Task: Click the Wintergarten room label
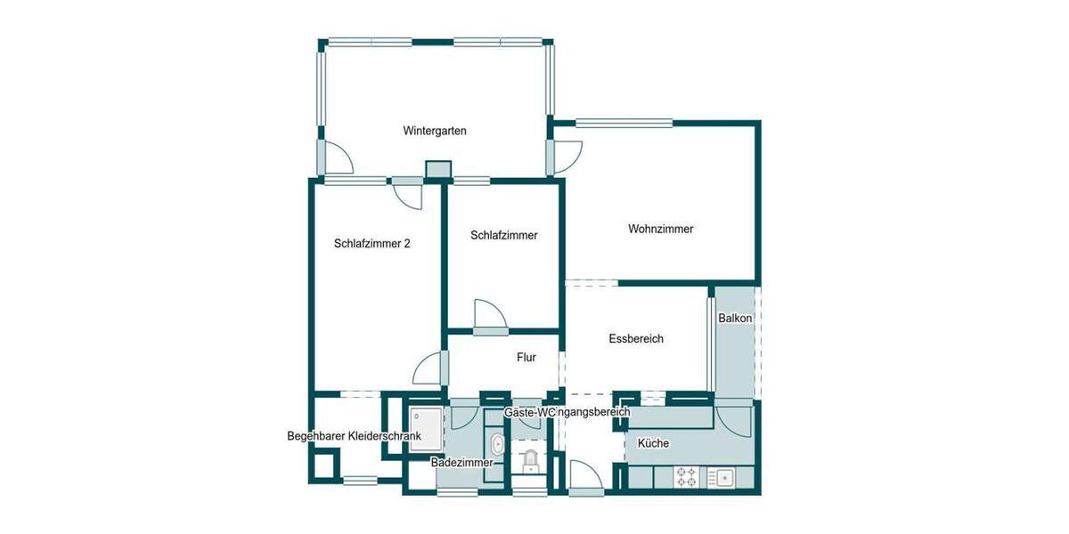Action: coord(435,131)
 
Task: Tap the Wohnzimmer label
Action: coord(660,229)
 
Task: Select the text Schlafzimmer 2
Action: coord(372,242)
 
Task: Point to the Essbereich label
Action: coord(636,338)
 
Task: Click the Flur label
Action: coord(526,358)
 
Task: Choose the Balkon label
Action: coord(736,318)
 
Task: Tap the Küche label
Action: coord(653,443)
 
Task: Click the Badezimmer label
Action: coord(461,462)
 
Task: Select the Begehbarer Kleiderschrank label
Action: coord(354,436)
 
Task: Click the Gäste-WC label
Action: coord(529,412)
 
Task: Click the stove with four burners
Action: coord(687,477)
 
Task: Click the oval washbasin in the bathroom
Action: coord(496,446)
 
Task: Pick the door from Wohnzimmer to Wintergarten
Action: coord(566,156)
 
